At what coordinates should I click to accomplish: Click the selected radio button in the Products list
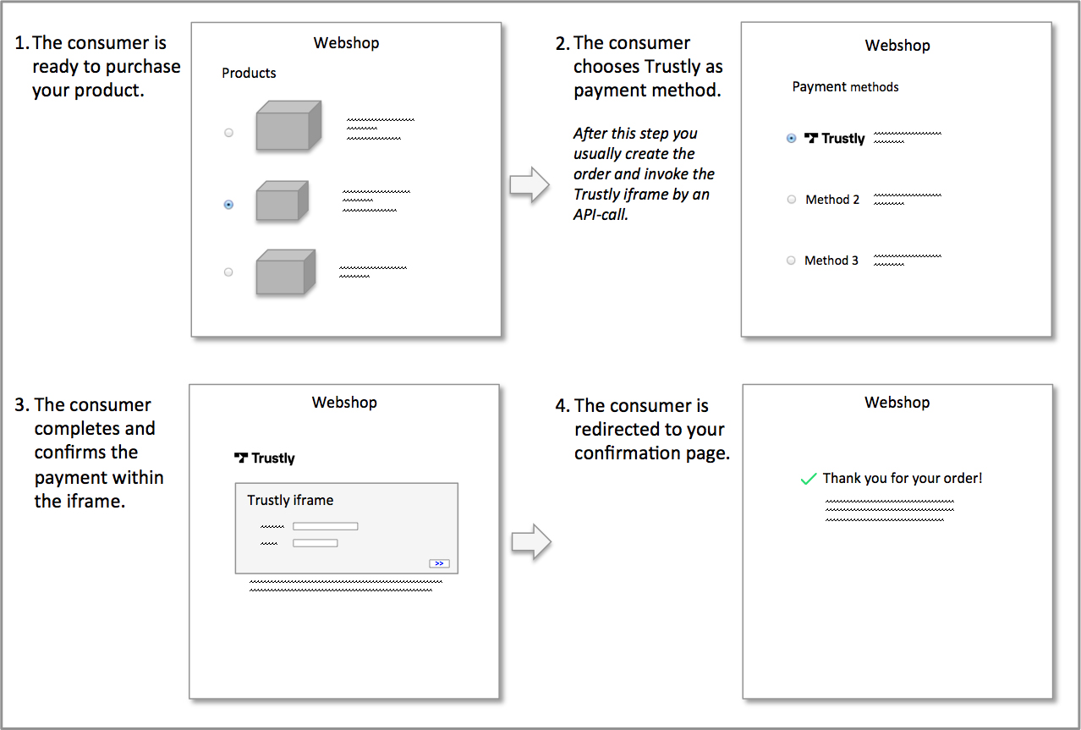pyautogui.click(x=228, y=205)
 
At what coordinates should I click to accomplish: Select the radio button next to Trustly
pyautogui.click(x=791, y=139)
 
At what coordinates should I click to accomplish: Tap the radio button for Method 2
pyautogui.click(x=792, y=200)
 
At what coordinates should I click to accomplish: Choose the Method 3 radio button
pyautogui.click(x=791, y=261)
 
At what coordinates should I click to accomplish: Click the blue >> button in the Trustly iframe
pyautogui.click(x=439, y=563)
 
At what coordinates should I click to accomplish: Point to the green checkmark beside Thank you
pyautogui.click(x=809, y=479)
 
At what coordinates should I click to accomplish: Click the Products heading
pyautogui.click(x=249, y=73)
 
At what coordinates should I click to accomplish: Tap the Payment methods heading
pyautogui.click(x=845, y=87)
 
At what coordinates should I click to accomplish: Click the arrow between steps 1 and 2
pyautogui.click(x=530, y=184)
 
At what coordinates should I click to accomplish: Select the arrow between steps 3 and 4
pyautogui.click(x=531, y=542)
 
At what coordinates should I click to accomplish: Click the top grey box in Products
pyautogui.click(x=288, y=125)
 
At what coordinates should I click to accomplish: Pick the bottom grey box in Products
pyautogui.click(x=286, y=272)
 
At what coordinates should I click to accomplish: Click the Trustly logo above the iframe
pyautogui.click(x=265, y=458)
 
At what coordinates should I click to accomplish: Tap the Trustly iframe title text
pyautogui.click(x=290, y=500)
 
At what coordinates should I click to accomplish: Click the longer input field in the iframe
pyautogui.click(x=326, y=526)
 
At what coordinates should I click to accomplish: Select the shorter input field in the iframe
pyautogui.click(x=316, y=543)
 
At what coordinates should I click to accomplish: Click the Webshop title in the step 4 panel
pyautogui.click(x=897, y=403)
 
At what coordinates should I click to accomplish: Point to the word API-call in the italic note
pyautogui.click(x=601, y=215)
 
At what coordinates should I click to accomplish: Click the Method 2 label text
pyautogui.click(x=832, y=200)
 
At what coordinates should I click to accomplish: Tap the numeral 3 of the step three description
pyautogui.click(x=19, y=405)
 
